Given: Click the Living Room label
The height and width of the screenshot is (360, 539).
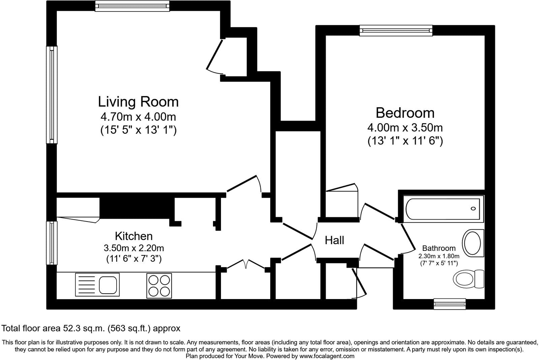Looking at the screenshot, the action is (x=138, y=102).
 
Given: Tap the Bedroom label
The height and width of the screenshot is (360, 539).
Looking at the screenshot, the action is (x=405, y=113).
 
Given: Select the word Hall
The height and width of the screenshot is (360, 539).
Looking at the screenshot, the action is (x=334, y=240).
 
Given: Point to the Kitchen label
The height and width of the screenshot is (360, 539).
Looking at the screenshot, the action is (x=134, y=236).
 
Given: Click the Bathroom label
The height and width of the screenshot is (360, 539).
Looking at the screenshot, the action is (x=439, y=248).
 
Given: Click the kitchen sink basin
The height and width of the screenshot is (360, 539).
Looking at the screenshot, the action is (x=108, y=285).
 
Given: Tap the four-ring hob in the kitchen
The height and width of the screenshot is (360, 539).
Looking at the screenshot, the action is (x=159, y=286).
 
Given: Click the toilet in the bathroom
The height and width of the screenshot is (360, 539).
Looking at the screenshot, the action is (x=469, y=279).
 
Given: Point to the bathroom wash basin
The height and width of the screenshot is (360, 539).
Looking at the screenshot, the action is (x=473, y=243).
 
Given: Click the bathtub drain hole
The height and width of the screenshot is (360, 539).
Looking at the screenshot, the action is (x=473, y=208).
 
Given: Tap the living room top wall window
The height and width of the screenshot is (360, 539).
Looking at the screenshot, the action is (x=132, y=6).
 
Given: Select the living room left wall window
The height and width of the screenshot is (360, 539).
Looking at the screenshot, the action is (x=52, y=95).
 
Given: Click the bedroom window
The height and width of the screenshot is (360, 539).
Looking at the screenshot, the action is (x=396, y=31).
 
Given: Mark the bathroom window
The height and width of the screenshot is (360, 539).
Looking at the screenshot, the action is (x=450, y=304).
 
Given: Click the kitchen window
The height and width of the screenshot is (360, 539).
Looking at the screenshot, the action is (x=52, y=243).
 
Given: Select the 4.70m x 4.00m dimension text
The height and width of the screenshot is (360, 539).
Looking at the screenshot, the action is (x=138, y=117).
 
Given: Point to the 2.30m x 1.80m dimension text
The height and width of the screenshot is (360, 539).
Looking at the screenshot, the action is (x=439, y=256).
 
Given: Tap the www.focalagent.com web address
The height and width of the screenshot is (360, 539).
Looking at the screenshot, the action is (x=327, y=356).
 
